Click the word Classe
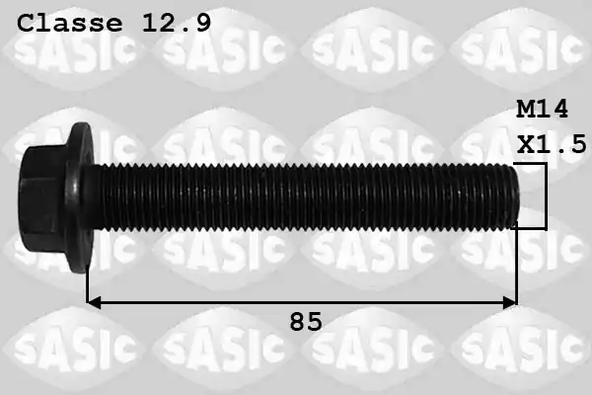(70, 23)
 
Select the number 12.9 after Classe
(177, 23)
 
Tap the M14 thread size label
(542, 110)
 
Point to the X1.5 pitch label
(552, 143)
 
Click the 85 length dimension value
(306, 322)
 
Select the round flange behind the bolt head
(80, 197)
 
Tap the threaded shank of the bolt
(302, 197)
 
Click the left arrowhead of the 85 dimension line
(94, 302)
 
